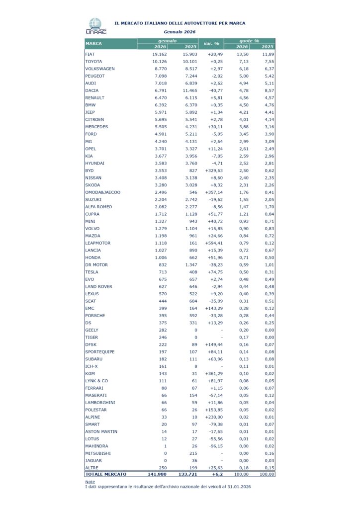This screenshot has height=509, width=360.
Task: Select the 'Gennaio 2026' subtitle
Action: pos(180,32)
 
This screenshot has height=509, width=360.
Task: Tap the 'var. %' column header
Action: pos(211,44)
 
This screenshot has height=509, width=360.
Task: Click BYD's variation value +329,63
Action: pos(210,170)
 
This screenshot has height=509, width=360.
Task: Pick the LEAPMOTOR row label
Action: pos(98,243)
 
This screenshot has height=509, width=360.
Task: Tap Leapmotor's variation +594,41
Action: pos(210,243)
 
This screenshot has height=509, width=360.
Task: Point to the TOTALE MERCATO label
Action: pos(106,474)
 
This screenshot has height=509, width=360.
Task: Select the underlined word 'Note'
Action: pos(90,482)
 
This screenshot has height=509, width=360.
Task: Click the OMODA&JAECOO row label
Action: pos(103,192)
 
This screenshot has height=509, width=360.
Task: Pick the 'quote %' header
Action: pos(249,40)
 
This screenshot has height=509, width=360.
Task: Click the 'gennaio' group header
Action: pos(168,40)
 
